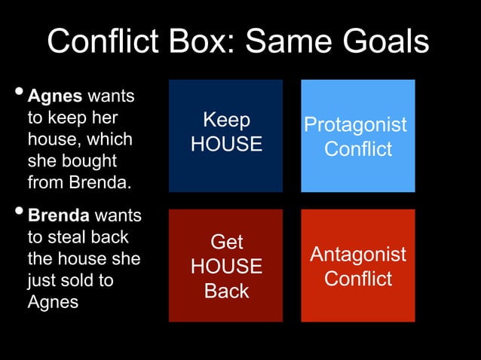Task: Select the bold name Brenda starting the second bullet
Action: [60, 215]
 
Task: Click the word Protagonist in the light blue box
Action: [356, 125]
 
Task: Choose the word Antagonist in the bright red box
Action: [357, 255]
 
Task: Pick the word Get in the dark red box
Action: [226, 242]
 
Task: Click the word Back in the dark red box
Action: [226, 291]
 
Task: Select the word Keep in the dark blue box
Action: [226, 120]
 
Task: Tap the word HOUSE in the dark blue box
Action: [226, 144]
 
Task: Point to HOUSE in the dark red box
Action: [226, 267]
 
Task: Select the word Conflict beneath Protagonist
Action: [358, 149]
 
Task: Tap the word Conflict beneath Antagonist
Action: [358, 279]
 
